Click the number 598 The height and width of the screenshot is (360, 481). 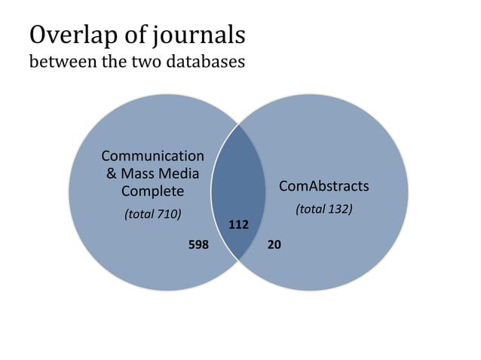click(x=198, y=245)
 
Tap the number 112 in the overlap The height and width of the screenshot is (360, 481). click(x=238, y=224)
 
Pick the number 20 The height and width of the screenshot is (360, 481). click(x=274, y=245)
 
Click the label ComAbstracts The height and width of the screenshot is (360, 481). click(x=323, y=185)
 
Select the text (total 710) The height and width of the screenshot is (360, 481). click(x=152, y=214)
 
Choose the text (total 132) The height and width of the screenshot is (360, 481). click(x=323, y=209)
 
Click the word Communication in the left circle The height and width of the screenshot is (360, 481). click(x=152, y=156)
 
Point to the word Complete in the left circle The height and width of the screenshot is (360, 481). click(x=152, y=191)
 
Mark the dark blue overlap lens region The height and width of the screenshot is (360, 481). click(x=238, y=188)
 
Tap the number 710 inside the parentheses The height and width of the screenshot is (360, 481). click(x=167, y=214)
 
